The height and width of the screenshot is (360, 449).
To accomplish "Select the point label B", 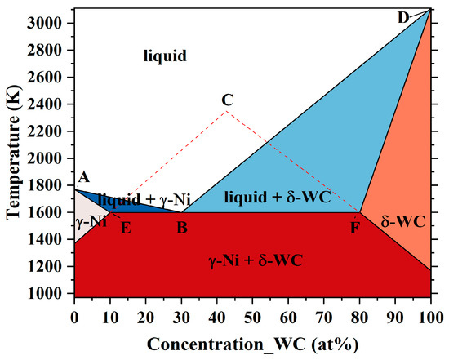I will pos(182,228).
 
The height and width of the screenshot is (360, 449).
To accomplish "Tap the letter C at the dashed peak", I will pos(228,100).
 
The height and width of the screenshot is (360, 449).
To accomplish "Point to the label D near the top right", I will pos(403,16).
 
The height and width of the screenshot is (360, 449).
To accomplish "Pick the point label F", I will pos(354,228).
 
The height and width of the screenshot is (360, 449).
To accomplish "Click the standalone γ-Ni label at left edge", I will pos(90,221).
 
